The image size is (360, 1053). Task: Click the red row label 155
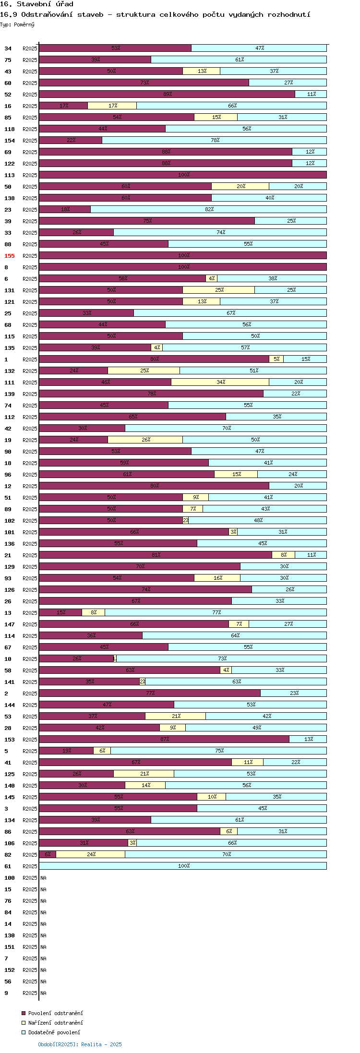[x=10, y=256]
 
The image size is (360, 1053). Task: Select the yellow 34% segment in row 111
[x=220, y=382]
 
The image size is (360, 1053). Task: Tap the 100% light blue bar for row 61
[x=183, y=866]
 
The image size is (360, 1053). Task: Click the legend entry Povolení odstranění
[x=52, y=1013]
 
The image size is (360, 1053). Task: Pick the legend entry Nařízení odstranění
[x=52, y=1023]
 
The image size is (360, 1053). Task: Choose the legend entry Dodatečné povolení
[x=51, y=1032]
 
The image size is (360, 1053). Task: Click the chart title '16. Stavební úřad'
[x=36, y=4]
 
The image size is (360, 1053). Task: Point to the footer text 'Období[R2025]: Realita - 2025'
[x=80, y=1044]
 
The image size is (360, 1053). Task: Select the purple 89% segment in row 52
[x=167, y=94]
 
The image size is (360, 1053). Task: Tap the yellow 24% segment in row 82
[x=91, y=854]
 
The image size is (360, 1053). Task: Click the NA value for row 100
[x=43, y=878]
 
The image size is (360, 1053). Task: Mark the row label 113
[x=10, y=175]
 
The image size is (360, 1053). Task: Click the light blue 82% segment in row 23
[x=209, y=209]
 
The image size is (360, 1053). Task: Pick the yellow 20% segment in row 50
[x=240, y=186]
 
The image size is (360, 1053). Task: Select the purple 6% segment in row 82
[x=48, y=854]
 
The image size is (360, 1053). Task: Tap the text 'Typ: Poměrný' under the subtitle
[x=17, y=24]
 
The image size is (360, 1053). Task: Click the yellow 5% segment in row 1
[x=276, y=359]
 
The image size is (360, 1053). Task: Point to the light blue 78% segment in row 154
[x=215, y=140]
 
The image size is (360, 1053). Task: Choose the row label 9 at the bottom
[x=6, y=993]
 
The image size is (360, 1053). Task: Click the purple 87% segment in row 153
[x=164, y=739]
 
